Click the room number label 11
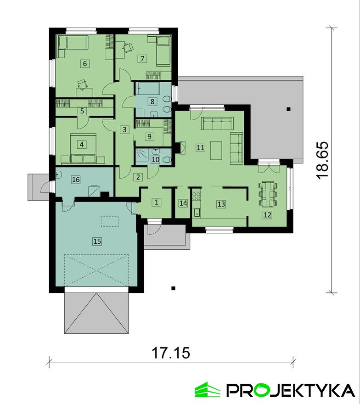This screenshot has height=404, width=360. pyautogui.click(x=200, y=148)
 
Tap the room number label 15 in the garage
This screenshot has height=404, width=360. pyautogui.click(x=97, y=241)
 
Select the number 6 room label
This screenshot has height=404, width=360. pyautogui.click(x=85, y=63)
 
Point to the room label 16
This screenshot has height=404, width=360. pyautogui.click(x=76, y=180)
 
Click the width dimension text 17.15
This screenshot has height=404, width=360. pyautogui.click(x=171, y=353)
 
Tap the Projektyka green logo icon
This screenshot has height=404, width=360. pyautogui.click(x=207, y=390)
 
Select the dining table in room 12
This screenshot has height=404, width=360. pyautogui.click(x=268, y=194)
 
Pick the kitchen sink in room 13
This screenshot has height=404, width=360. pyautogui.click(x=197, y=213)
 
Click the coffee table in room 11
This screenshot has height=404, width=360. pyautogui.click(x=216, y=150)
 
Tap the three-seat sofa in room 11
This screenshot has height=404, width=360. pyautogui.click(x=217, y=123)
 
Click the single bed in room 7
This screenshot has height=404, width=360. pyautogui.click(x=163, y=51)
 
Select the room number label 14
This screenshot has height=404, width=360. pyautogui.click(x=183, y=203)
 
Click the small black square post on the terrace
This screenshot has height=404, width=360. pyautogui.click(x=288, y=109)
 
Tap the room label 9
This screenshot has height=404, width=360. pyautogui.click(x=149, y=136)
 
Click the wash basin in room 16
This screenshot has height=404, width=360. pyautogui.click(x=58, y=175)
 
